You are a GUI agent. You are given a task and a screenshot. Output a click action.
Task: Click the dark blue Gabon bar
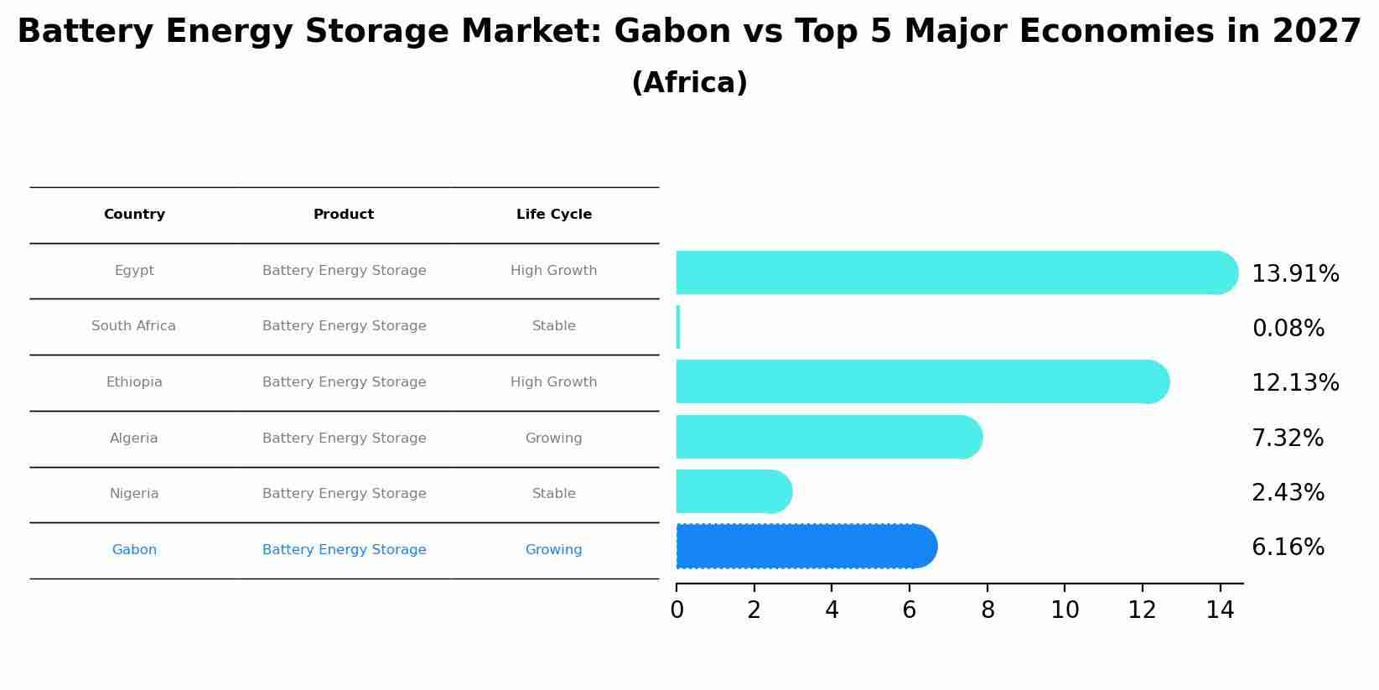pos(805,547)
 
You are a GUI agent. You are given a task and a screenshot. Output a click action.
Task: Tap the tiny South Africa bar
pos(678,327)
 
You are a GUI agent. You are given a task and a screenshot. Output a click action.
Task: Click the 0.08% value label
pos(1288,329)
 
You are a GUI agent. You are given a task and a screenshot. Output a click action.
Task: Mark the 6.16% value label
pos(1288,547)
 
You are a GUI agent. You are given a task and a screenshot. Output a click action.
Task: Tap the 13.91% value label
pos(1295,274)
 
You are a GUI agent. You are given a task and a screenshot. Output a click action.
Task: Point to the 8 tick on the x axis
pos(988,610)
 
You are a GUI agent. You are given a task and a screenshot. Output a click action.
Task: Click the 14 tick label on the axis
pos(1220,610)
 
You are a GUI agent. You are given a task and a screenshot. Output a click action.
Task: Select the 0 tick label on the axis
pos(677,610)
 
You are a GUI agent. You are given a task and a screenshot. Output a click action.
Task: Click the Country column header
pos(134,215)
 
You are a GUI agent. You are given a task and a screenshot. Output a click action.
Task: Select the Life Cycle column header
pos(554,215)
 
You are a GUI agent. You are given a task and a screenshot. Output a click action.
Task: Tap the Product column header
pos(344,215)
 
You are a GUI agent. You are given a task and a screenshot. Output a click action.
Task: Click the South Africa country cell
pos(134,326)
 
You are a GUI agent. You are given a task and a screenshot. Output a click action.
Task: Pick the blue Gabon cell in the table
pos(134,550)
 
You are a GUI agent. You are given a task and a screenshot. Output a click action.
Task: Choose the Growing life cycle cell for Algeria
pos(554,438)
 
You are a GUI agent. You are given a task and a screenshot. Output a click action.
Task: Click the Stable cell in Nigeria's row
pos(554,494)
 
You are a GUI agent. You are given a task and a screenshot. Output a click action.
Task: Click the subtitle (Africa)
pos(689,83)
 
